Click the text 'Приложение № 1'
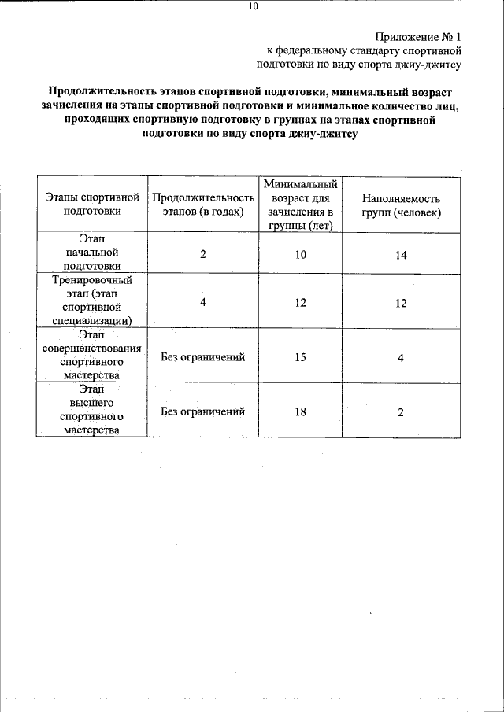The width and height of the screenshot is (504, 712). tap(417, 36)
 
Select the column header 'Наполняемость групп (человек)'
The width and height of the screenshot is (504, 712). tap(402, 205)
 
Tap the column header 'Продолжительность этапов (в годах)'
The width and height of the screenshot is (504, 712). tap(203, 205)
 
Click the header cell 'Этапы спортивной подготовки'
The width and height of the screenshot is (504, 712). tap(92, 205)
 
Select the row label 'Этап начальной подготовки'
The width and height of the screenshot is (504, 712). tap(92, 252)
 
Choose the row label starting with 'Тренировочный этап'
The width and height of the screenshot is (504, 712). tap(92, 300)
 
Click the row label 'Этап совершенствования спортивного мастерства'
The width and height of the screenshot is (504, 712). tap(92, 356)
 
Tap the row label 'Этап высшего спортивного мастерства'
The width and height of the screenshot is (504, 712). tap(92, 409)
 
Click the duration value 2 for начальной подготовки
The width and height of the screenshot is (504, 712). tap(203, 254)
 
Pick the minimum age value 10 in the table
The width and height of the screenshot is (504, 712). tap(301, 254)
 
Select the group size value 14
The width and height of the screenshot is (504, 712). tap(401, 255)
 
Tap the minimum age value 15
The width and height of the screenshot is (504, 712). tap(301, 357)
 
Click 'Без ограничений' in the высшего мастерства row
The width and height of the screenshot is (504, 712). tap(203, 411)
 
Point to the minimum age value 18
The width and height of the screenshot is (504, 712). tap(301, 411)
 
